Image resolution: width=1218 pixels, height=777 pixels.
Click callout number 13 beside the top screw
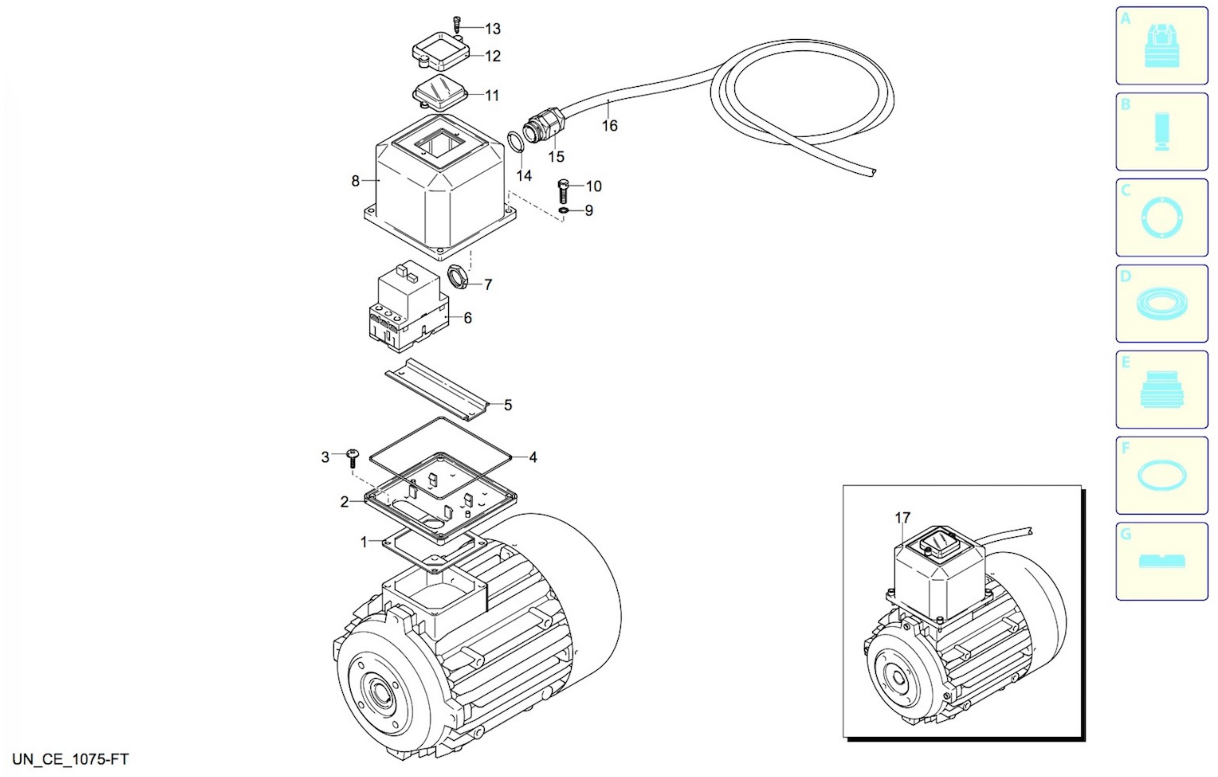[493, 29]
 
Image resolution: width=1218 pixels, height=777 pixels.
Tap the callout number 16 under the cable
[610, 125]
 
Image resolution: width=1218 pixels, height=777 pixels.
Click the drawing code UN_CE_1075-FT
[70, 759]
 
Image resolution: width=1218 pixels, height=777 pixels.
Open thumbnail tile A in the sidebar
[1161, 46]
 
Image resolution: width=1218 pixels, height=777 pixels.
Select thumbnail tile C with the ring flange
[1161, 217]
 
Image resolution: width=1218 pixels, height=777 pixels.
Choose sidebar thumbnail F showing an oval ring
[1161, 475]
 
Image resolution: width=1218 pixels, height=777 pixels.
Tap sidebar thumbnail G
[1161, 561]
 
